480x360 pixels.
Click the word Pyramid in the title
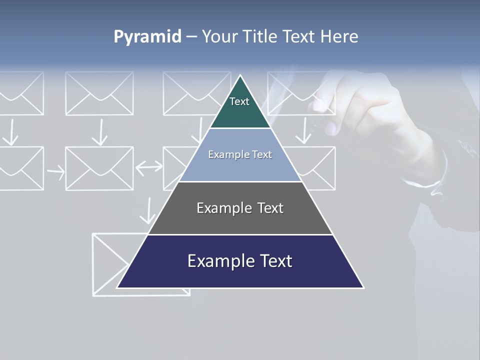point(147,37)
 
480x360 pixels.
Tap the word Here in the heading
point(339,36)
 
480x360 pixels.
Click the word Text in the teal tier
point(239,101)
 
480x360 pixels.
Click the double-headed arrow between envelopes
point(149,168)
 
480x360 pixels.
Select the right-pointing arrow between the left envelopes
point(55,172)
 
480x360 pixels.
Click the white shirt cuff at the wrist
point(425,182)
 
